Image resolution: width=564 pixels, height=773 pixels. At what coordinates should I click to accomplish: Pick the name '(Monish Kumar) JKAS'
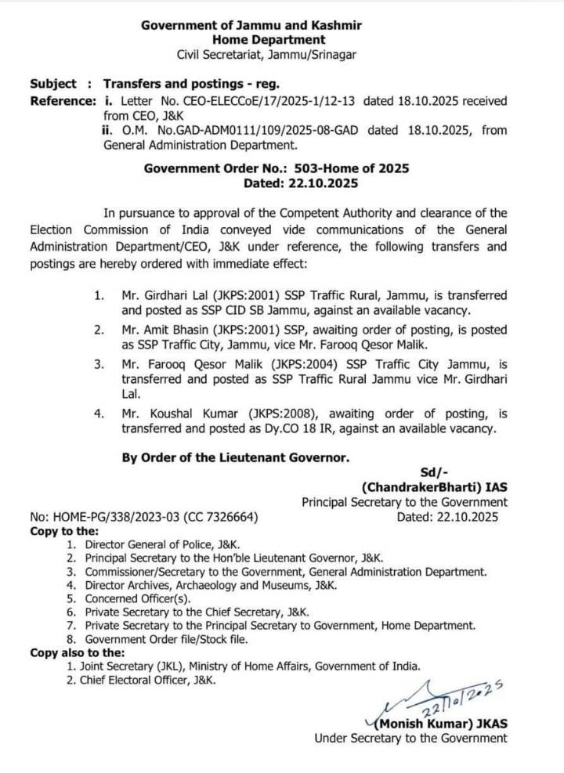coord(435,724)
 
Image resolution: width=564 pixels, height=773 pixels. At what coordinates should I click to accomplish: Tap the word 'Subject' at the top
coord(53,83)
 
